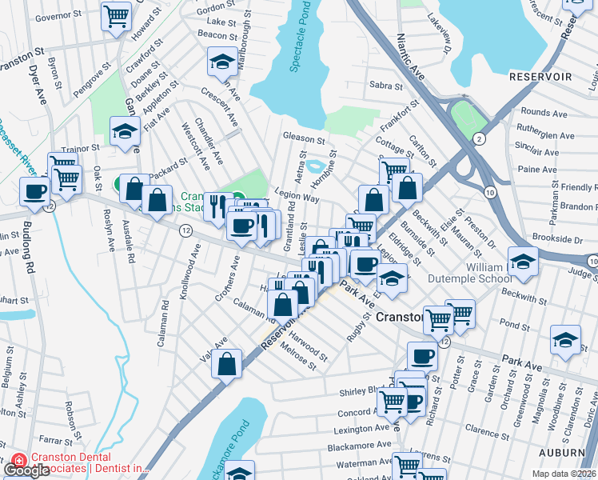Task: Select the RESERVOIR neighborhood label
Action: click(540, 76)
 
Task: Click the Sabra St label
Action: click(383, 86)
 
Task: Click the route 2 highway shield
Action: click(479, 139)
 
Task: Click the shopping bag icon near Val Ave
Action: click(228, 362)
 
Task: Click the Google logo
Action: click(26, 470)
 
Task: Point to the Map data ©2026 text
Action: click(563, 474)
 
